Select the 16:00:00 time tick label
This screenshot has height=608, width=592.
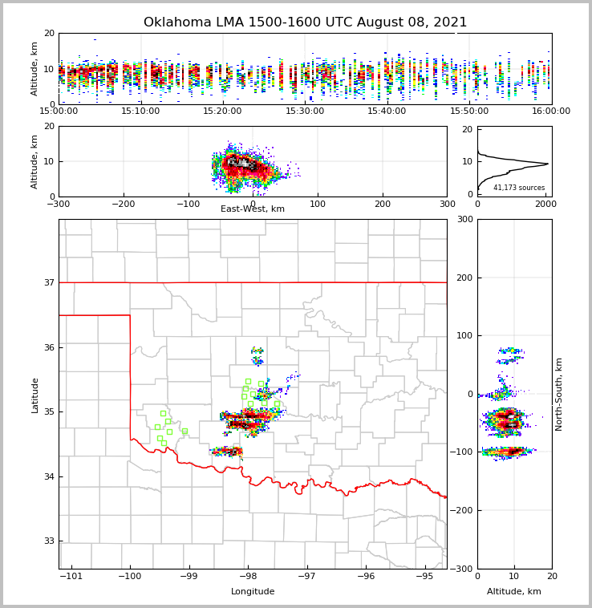[x=551, y=111]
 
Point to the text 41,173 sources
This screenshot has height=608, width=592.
[x=519, y=188]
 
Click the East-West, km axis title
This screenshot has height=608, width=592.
[x=253, y=209]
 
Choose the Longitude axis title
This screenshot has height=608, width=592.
[x=253, y=592]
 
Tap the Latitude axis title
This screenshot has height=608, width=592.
[x=35, y=395]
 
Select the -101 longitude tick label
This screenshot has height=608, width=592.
[x=71, y=577]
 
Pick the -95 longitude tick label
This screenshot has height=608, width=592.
[x=425, y=577]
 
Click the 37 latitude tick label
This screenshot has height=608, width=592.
[x=48, y=282]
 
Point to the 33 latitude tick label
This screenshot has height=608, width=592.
[x=48, y=541]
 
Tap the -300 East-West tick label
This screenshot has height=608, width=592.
[x=59, y=204]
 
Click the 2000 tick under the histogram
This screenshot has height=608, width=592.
[x=545, y=204]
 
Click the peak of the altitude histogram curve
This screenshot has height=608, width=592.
[x=548, y=164]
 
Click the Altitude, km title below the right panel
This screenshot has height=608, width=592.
[x=514, y=592]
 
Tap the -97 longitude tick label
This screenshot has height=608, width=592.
[x=306, y=577]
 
